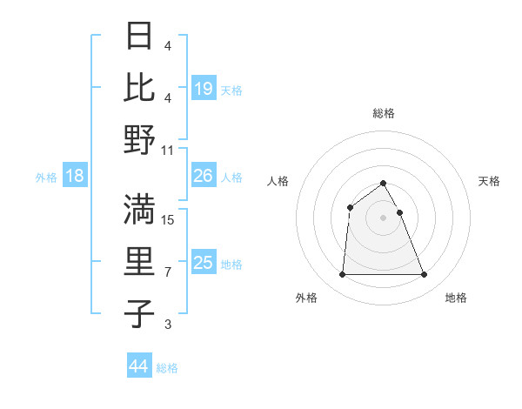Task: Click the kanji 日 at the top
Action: coord(140,37)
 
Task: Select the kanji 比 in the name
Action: coord(140,87)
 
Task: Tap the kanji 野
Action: coord(140,139)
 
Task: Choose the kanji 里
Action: coord(140,261)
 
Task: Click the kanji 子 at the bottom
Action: coord(140,313)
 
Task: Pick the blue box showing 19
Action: coord(204,88)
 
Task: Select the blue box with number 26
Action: coord(204,177)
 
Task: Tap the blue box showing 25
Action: coord(204,263)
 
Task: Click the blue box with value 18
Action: coord(75,177)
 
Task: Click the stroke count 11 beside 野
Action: coord(168,149)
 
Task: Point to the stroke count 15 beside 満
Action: coord(168,219)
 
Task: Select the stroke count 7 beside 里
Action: coord(168,272)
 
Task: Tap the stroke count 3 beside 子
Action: coord(168,325)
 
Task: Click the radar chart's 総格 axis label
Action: coord(384,113)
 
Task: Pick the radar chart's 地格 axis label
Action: coord(456,298)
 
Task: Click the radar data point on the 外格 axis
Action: coord(342,275)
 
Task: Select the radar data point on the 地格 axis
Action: coord(425,275)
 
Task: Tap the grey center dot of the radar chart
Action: coord(384,218)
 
